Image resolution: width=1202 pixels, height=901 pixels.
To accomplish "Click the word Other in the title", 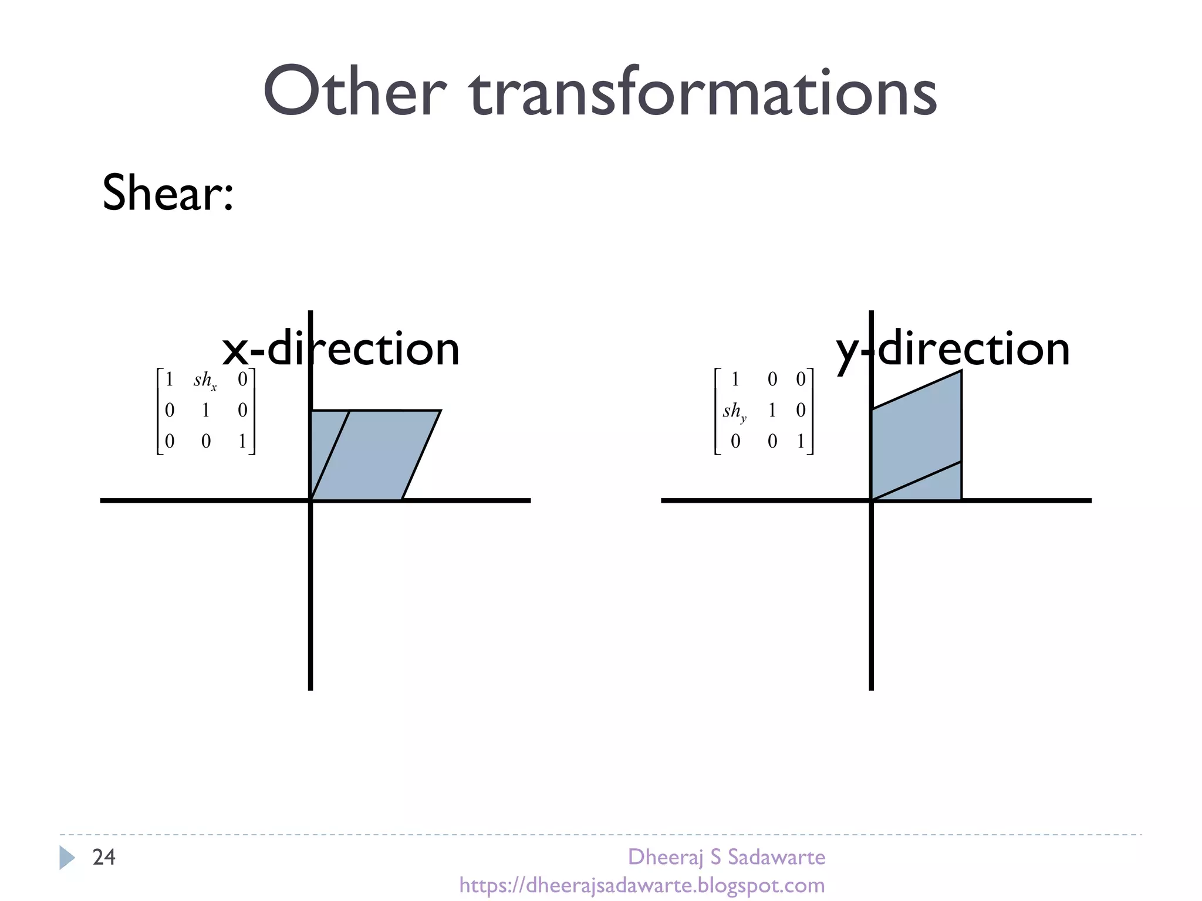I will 354,92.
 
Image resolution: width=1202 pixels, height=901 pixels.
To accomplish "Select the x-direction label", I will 340,348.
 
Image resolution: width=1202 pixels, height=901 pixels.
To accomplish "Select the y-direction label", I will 953,348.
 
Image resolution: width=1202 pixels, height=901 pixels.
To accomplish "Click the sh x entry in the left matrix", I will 205,380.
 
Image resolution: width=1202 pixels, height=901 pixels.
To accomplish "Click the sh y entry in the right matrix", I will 734,411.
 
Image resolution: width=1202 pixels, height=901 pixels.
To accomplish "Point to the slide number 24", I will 104,857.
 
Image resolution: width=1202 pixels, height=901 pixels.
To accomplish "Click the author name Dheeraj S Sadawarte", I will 727,857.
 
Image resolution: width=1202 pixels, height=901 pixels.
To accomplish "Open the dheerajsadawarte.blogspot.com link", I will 642,885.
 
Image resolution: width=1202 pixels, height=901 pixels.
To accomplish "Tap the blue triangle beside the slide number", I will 66,858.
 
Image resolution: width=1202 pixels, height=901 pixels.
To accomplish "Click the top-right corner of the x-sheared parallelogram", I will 440,411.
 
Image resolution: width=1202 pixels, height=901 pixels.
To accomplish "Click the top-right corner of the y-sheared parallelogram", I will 961,371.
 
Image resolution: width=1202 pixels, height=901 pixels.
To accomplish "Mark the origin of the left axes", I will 310,500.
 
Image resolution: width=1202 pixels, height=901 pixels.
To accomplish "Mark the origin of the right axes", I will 872,500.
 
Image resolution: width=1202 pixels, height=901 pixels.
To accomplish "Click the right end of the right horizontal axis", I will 1089,500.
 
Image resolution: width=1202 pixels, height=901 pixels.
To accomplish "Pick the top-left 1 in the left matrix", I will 169,380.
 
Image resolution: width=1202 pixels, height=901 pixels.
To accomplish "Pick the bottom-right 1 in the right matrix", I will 801,441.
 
